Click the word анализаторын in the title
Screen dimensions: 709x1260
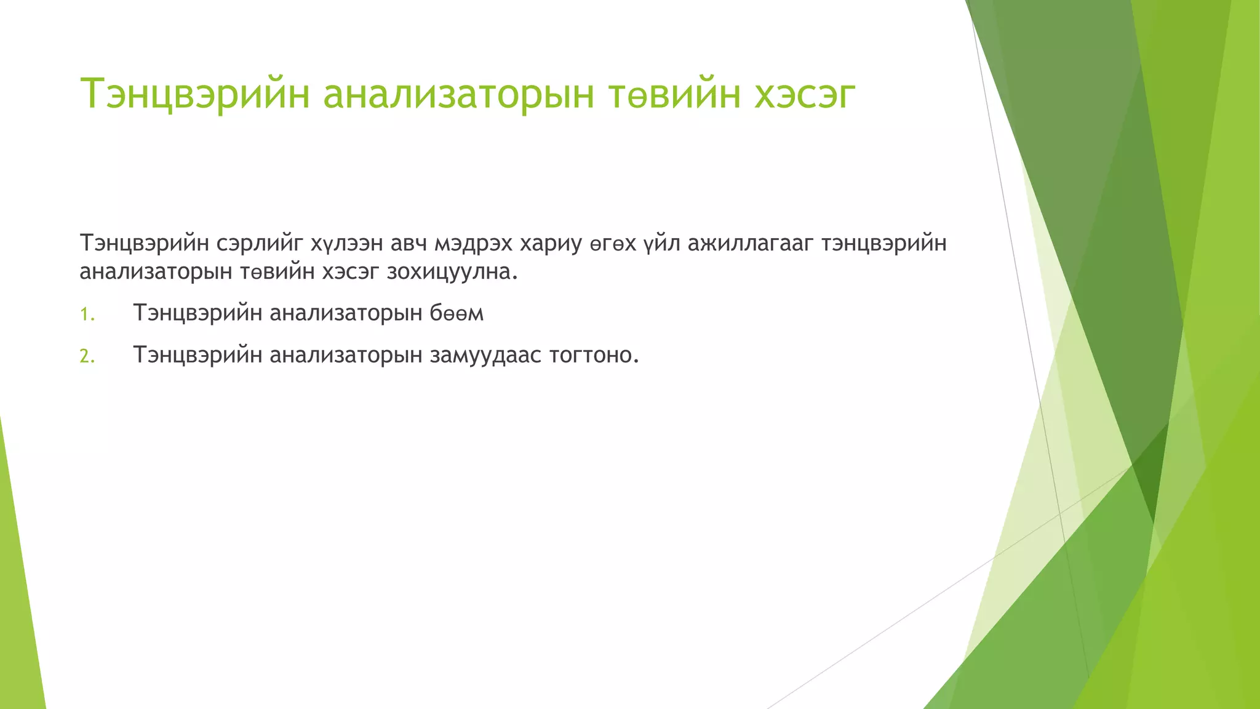(458, 94)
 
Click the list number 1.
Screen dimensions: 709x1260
(87, 315)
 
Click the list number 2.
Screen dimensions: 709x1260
(87, 356)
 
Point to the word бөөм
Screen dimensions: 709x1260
(457, 313)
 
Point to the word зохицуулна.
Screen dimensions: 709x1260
(452, 272)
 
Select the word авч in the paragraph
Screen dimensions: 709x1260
(409, 244)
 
